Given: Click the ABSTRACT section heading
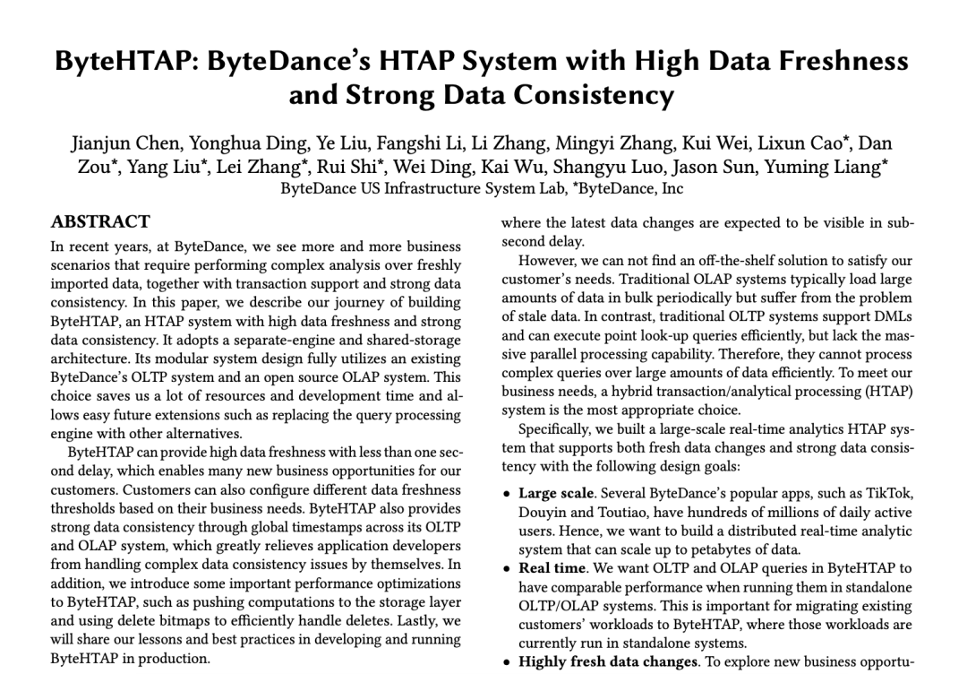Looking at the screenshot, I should point(100,221).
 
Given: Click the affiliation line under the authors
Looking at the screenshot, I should point(482,189).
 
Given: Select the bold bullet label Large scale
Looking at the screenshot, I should point(556,493).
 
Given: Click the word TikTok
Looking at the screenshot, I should point(888,493).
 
